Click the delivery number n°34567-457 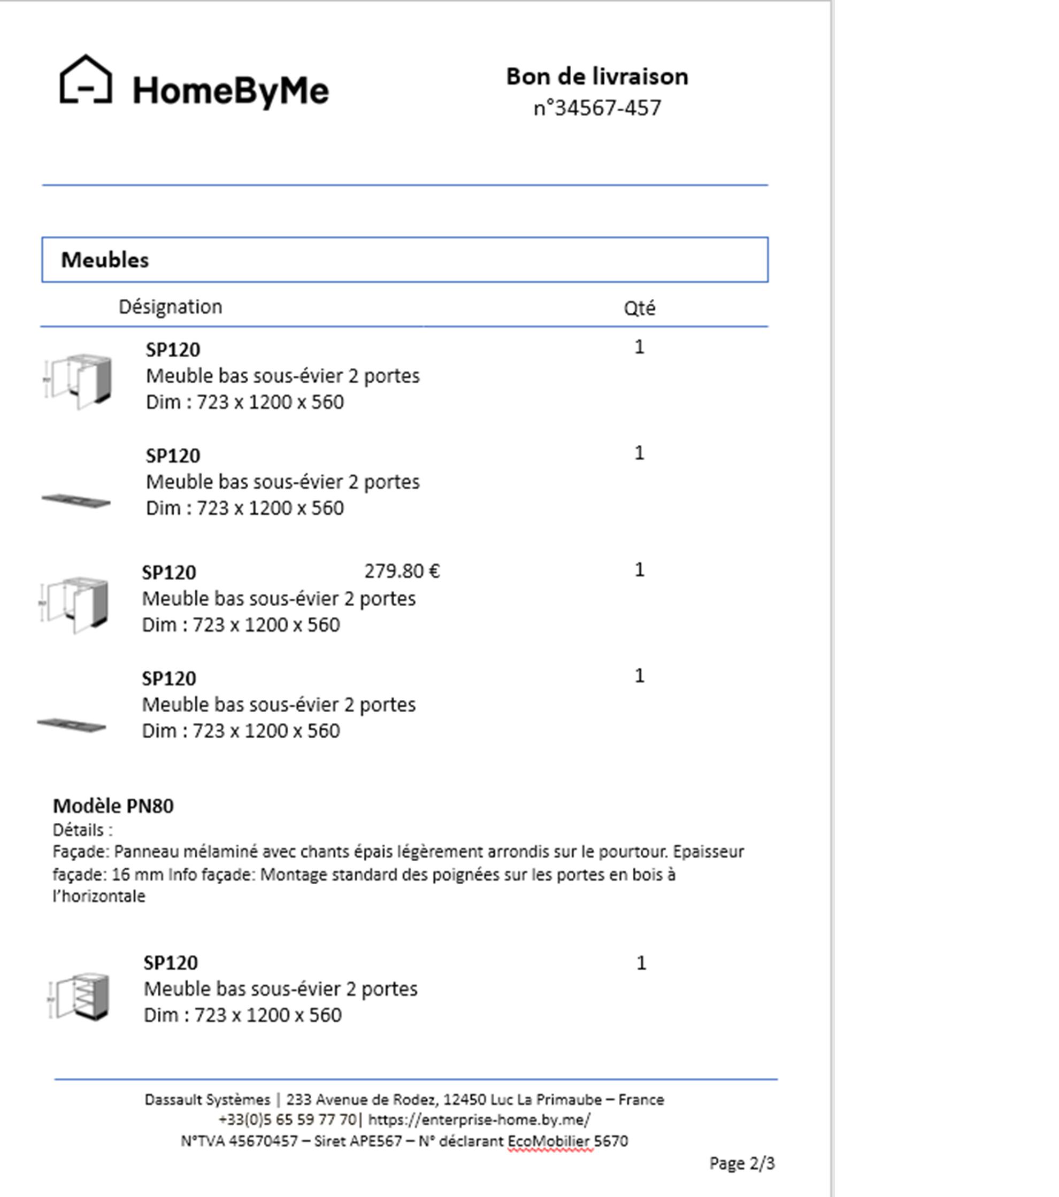pos(597,109)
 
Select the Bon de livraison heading pos(597,76)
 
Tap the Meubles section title pos(105,260)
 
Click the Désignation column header pos(171,307)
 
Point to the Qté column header pos(639,308)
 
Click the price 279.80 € pos(402,571)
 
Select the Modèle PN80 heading pos(113,806)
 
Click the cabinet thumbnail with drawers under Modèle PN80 pos(80,996)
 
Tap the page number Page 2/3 pos(741,1163)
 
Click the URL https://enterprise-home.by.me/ pos(479,1119)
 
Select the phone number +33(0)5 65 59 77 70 pos(287,1119)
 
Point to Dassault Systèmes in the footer pos(208,1100)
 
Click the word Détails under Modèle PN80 pos(78,830)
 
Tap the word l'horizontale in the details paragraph pos(99,897)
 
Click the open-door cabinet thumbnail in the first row pos(79,381)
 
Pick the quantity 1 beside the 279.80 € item pos(639,570)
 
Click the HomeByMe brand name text pos(231,91)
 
